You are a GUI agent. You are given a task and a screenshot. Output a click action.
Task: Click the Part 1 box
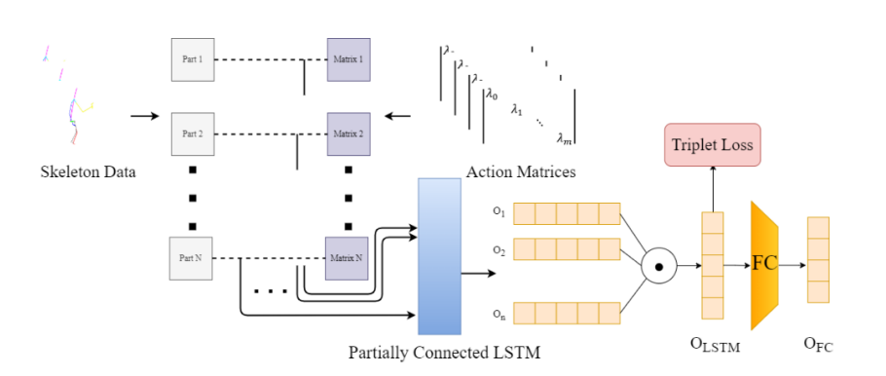click(x=191, y=58)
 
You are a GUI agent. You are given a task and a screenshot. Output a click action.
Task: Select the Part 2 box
click(x=191, y=133)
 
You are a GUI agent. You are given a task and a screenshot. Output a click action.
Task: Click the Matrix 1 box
click(x=349, y=58)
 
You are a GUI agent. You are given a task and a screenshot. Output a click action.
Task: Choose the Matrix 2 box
click(x=349, y=133)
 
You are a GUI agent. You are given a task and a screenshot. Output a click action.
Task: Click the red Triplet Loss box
click(x=712, y=146)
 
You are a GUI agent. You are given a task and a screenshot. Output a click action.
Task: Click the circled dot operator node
click(x=659, y=265)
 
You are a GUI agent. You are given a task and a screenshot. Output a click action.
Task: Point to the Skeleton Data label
click(x=88, y=172)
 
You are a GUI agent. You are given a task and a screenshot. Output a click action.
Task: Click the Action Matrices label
click(x=521, y=172)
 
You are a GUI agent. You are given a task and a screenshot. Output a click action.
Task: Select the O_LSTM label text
click(x=714, y=342)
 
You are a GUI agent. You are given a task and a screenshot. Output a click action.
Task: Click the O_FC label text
click(x=817, y=342)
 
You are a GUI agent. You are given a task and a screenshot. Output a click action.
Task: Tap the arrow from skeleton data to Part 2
click(x=143, y=117)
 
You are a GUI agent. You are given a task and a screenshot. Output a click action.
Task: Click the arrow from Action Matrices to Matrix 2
click(x=398, y=117)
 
